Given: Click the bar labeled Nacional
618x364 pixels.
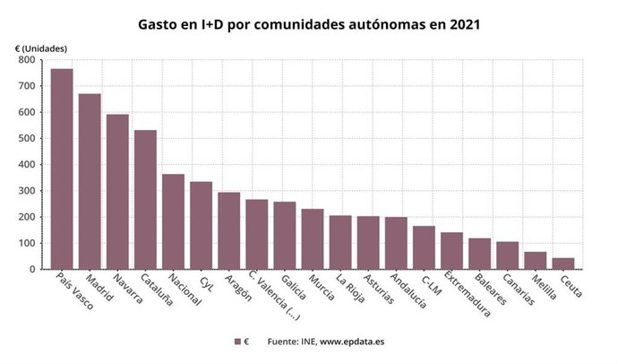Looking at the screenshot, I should (x=173, y=221).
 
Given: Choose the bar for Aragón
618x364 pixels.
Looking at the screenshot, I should (x=228, y=230).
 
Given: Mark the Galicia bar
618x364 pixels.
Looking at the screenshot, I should (x=284, y=235).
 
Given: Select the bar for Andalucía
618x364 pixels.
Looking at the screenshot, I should (x=395, y=243).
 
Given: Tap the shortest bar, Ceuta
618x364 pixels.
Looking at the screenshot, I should (x=562, y=264).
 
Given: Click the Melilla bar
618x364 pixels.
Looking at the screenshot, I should (x=535, y=260).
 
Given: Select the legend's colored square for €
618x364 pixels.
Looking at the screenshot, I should (x=238, y=342).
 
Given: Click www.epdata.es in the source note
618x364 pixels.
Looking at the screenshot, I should (x=353, y=342).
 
